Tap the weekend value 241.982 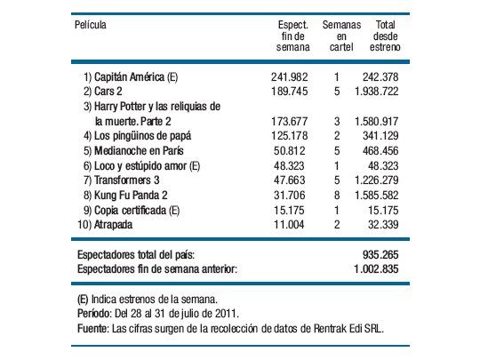coord(289,77)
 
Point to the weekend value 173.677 coord(289,121)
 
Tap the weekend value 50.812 coord(292,150)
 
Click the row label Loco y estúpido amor coord(142,165)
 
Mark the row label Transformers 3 coord(121,180)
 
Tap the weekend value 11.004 coord(292,224)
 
